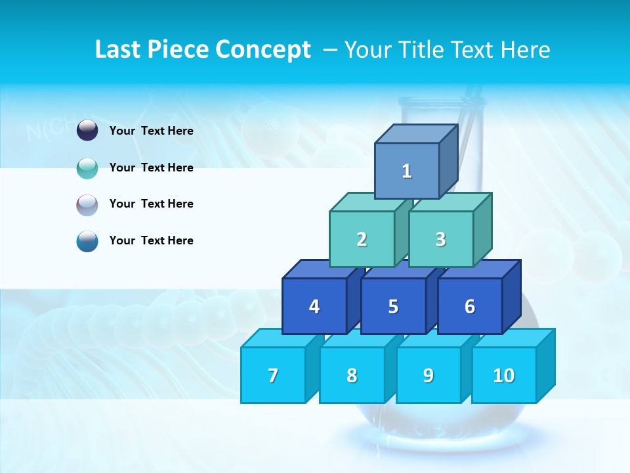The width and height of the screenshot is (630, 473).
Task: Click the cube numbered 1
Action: pos(407,171)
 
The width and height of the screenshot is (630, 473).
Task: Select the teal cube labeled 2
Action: pos(362,239)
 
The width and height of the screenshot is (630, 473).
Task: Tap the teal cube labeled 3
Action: pos(440,239)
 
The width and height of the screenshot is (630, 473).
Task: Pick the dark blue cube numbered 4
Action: pos(314,306)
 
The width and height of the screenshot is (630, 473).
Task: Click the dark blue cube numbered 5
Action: pos(393,306)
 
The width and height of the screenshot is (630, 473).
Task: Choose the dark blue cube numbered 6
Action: pos(470,306)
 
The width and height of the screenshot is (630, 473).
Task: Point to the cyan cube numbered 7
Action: pos(273,375)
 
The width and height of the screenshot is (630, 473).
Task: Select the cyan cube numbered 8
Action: pos(352,375)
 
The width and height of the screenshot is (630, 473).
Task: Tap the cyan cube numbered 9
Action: pos(429,375)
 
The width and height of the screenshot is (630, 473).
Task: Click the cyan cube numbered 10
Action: pos(504,375)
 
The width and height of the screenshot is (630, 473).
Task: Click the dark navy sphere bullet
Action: pos(87,131)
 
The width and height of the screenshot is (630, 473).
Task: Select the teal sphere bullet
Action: pos(87,168)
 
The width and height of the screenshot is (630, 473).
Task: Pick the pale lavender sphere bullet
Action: pos(87,204)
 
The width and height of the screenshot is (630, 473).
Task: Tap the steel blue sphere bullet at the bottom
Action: pos(87,241)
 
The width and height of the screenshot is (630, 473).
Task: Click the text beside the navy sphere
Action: pos(152,131)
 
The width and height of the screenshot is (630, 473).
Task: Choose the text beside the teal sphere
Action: pos(152,168)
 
